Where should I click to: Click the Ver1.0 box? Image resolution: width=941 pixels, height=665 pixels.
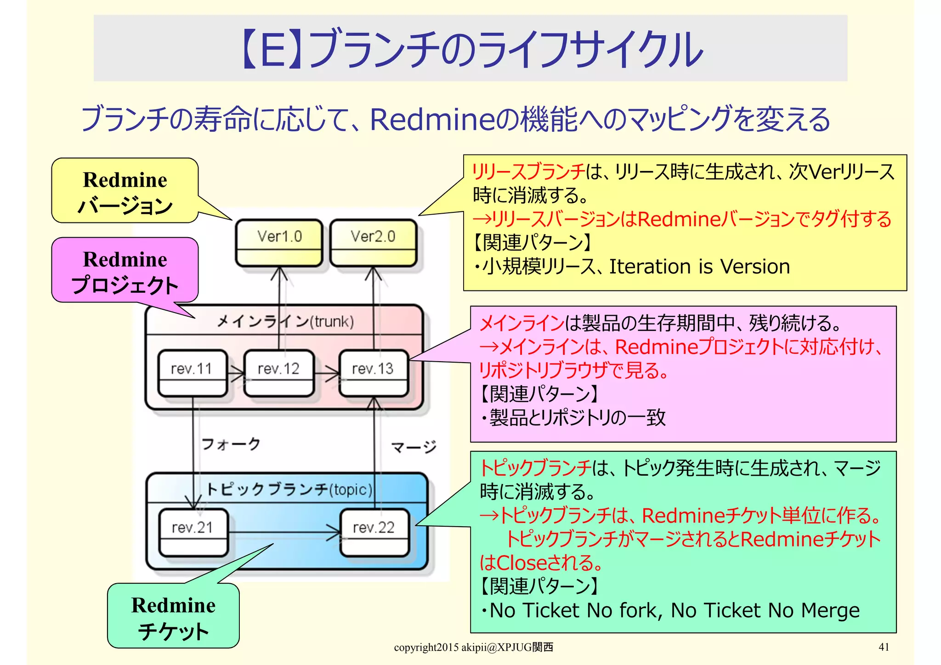click(x=279, y=243)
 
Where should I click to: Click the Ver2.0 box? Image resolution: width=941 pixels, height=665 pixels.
click(x=373, y=243)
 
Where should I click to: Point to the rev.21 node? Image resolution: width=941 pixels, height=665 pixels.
click(x=193, y=532)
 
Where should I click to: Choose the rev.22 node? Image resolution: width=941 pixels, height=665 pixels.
click(x=374, y=532)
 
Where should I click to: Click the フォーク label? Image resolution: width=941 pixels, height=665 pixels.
click(x=231, y=444)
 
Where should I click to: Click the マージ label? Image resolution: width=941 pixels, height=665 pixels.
click(x=414, y=447)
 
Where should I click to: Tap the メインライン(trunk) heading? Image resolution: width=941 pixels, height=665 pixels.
click(x=285, y=321)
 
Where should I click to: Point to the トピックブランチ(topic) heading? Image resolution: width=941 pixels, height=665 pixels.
click(x=289, y=489)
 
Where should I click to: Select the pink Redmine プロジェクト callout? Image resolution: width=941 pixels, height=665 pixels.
click(x=125, y=271)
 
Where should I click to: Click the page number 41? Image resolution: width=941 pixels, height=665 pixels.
click(x=884, y=647)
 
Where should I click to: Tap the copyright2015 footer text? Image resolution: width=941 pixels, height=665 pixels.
click(x=473, y=647)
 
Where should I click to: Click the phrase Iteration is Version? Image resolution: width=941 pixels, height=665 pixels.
click(x=699, y=267)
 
